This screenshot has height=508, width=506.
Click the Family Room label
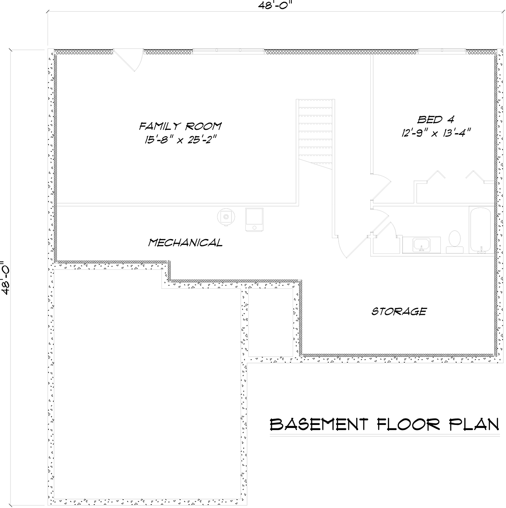pos(180,126)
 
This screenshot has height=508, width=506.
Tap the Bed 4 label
pos(435,120)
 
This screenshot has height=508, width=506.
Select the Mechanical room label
pos(186,242)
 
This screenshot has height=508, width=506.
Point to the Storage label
pos(399,312)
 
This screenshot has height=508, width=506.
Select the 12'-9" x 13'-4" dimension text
pos(436,133)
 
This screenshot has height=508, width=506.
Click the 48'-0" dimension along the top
pos(275,6)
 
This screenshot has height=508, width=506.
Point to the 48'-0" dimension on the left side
pos(5,278)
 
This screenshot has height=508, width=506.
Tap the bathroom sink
pos(421,245)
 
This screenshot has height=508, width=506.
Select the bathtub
pos(480,230)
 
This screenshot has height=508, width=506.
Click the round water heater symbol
pos(226,217)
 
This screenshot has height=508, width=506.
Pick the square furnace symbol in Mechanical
pos(254,220)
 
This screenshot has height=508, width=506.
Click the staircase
pos(315,134)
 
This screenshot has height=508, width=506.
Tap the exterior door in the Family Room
pos(129,60)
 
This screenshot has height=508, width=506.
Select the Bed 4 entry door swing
pos(381,187)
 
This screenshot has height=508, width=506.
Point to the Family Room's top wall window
pos(229,51)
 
